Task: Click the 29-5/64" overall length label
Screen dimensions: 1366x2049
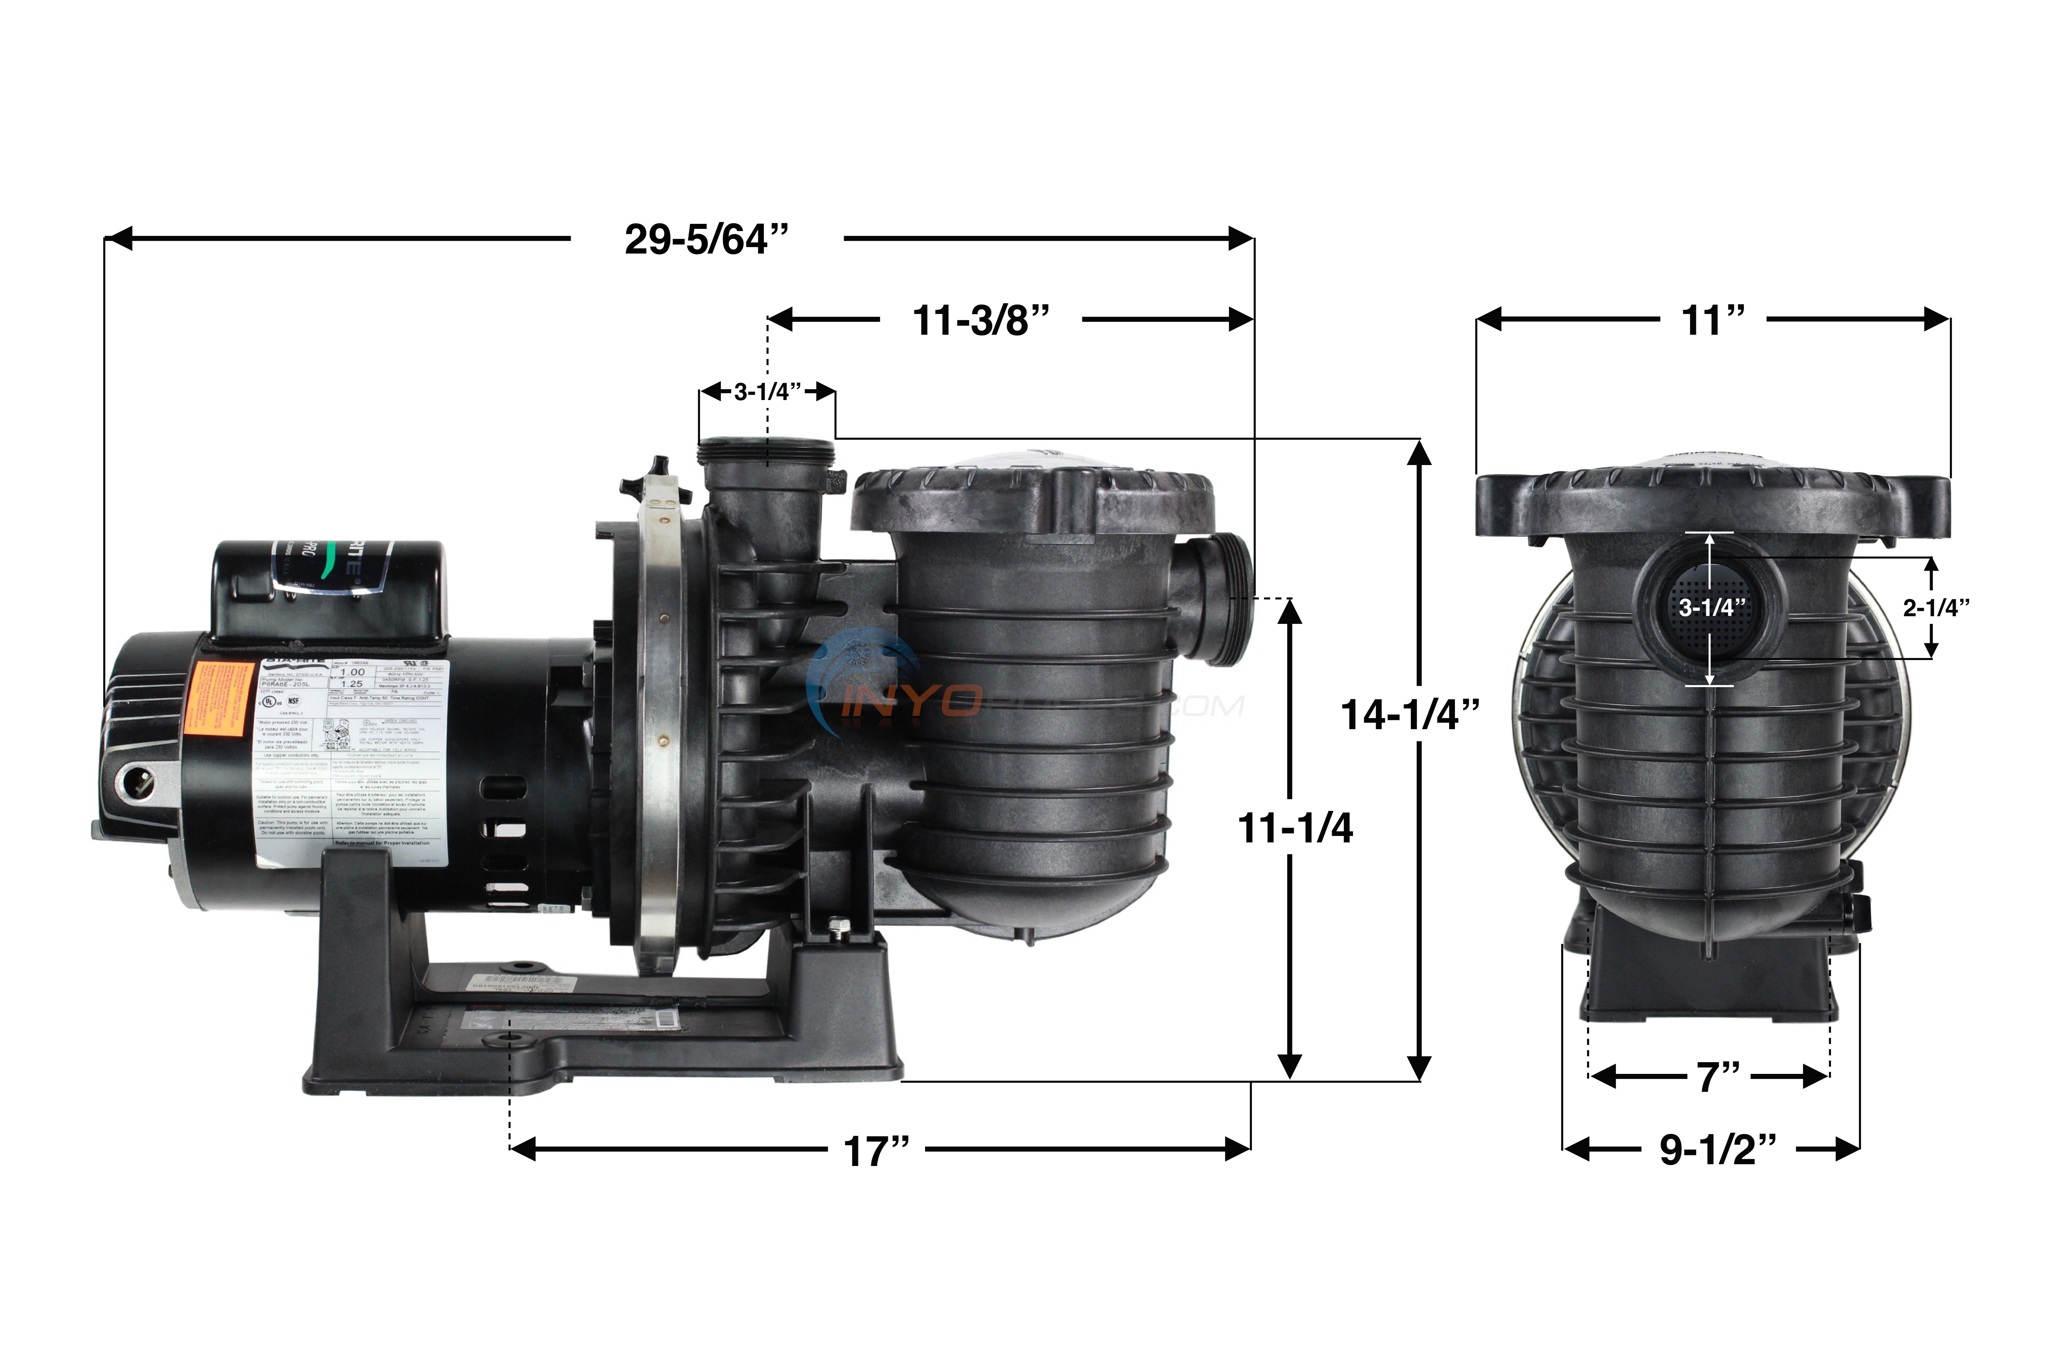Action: pyautogui.click(x=706, y=239)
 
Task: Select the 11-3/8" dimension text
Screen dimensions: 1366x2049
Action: pyautogui.click(x=981, y=321)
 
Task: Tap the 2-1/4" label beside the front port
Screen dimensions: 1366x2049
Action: pyautogui.click(x=1935, y=608)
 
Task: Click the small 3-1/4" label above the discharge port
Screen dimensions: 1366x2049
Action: pyautogui.click(x=766, y=392)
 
